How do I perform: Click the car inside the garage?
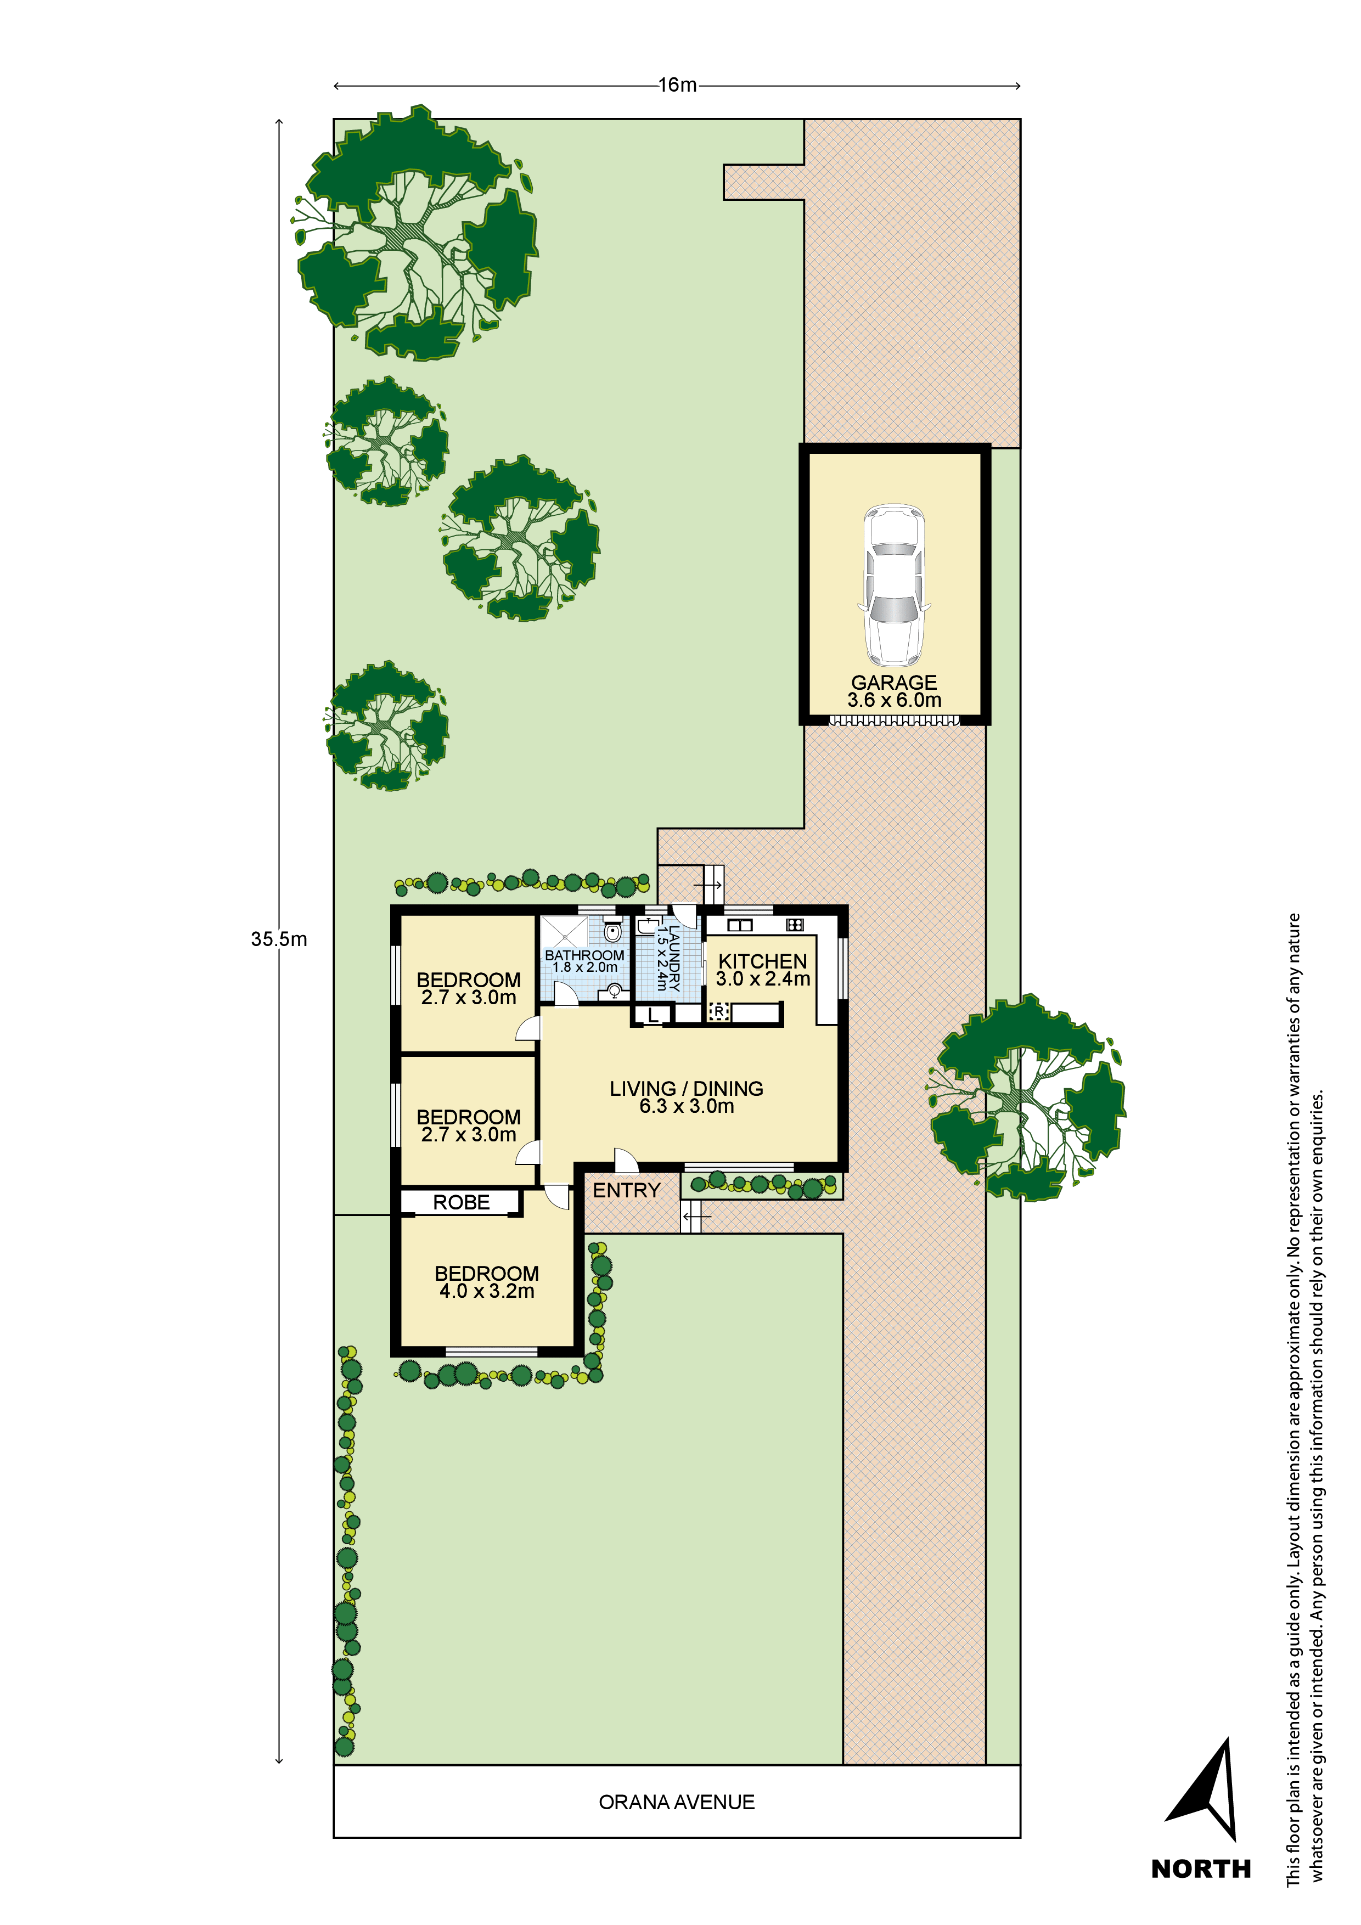[894, 584]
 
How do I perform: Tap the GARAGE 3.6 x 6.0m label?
[894, 691]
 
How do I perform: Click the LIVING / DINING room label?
[686, 1096]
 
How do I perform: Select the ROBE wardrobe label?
[461, 1202]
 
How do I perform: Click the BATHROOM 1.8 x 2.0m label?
[584, 961]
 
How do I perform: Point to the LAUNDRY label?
[667, 958]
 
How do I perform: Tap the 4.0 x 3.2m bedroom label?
[486, 1282]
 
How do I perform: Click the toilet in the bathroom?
[613, 931]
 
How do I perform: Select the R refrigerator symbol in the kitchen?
[719, 1012]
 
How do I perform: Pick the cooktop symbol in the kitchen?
[794, 925]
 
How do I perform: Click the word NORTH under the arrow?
[1201, 1869]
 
